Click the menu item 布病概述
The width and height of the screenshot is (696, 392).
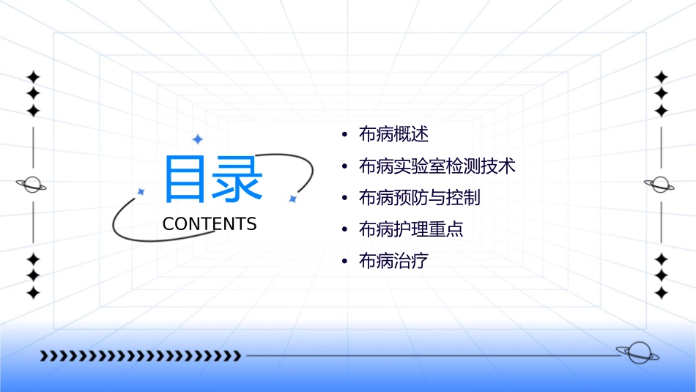[393, 135]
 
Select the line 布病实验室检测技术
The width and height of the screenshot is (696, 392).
[437, 166]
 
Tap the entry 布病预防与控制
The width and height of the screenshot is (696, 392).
[420, 198]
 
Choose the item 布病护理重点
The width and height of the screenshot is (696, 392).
[411, 229]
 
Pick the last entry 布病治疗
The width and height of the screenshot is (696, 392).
[393, 261]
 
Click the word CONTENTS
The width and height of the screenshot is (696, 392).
[210, 224]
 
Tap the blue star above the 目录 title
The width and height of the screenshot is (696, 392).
[196, 139]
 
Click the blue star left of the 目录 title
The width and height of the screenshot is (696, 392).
[141, 192]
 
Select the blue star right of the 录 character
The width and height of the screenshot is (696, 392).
[292, 199]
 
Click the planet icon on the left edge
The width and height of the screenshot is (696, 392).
[32, 185]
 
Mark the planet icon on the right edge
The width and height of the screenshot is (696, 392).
[660, 185]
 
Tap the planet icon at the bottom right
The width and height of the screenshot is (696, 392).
[637, 353]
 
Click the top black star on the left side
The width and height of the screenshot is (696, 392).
[32, 77]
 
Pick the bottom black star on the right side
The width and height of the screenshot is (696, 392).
[661, 292]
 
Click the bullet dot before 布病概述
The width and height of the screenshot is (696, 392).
[344, 136]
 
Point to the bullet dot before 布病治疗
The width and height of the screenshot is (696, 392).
[344, 262]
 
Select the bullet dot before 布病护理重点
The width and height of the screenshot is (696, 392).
[344, 230]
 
